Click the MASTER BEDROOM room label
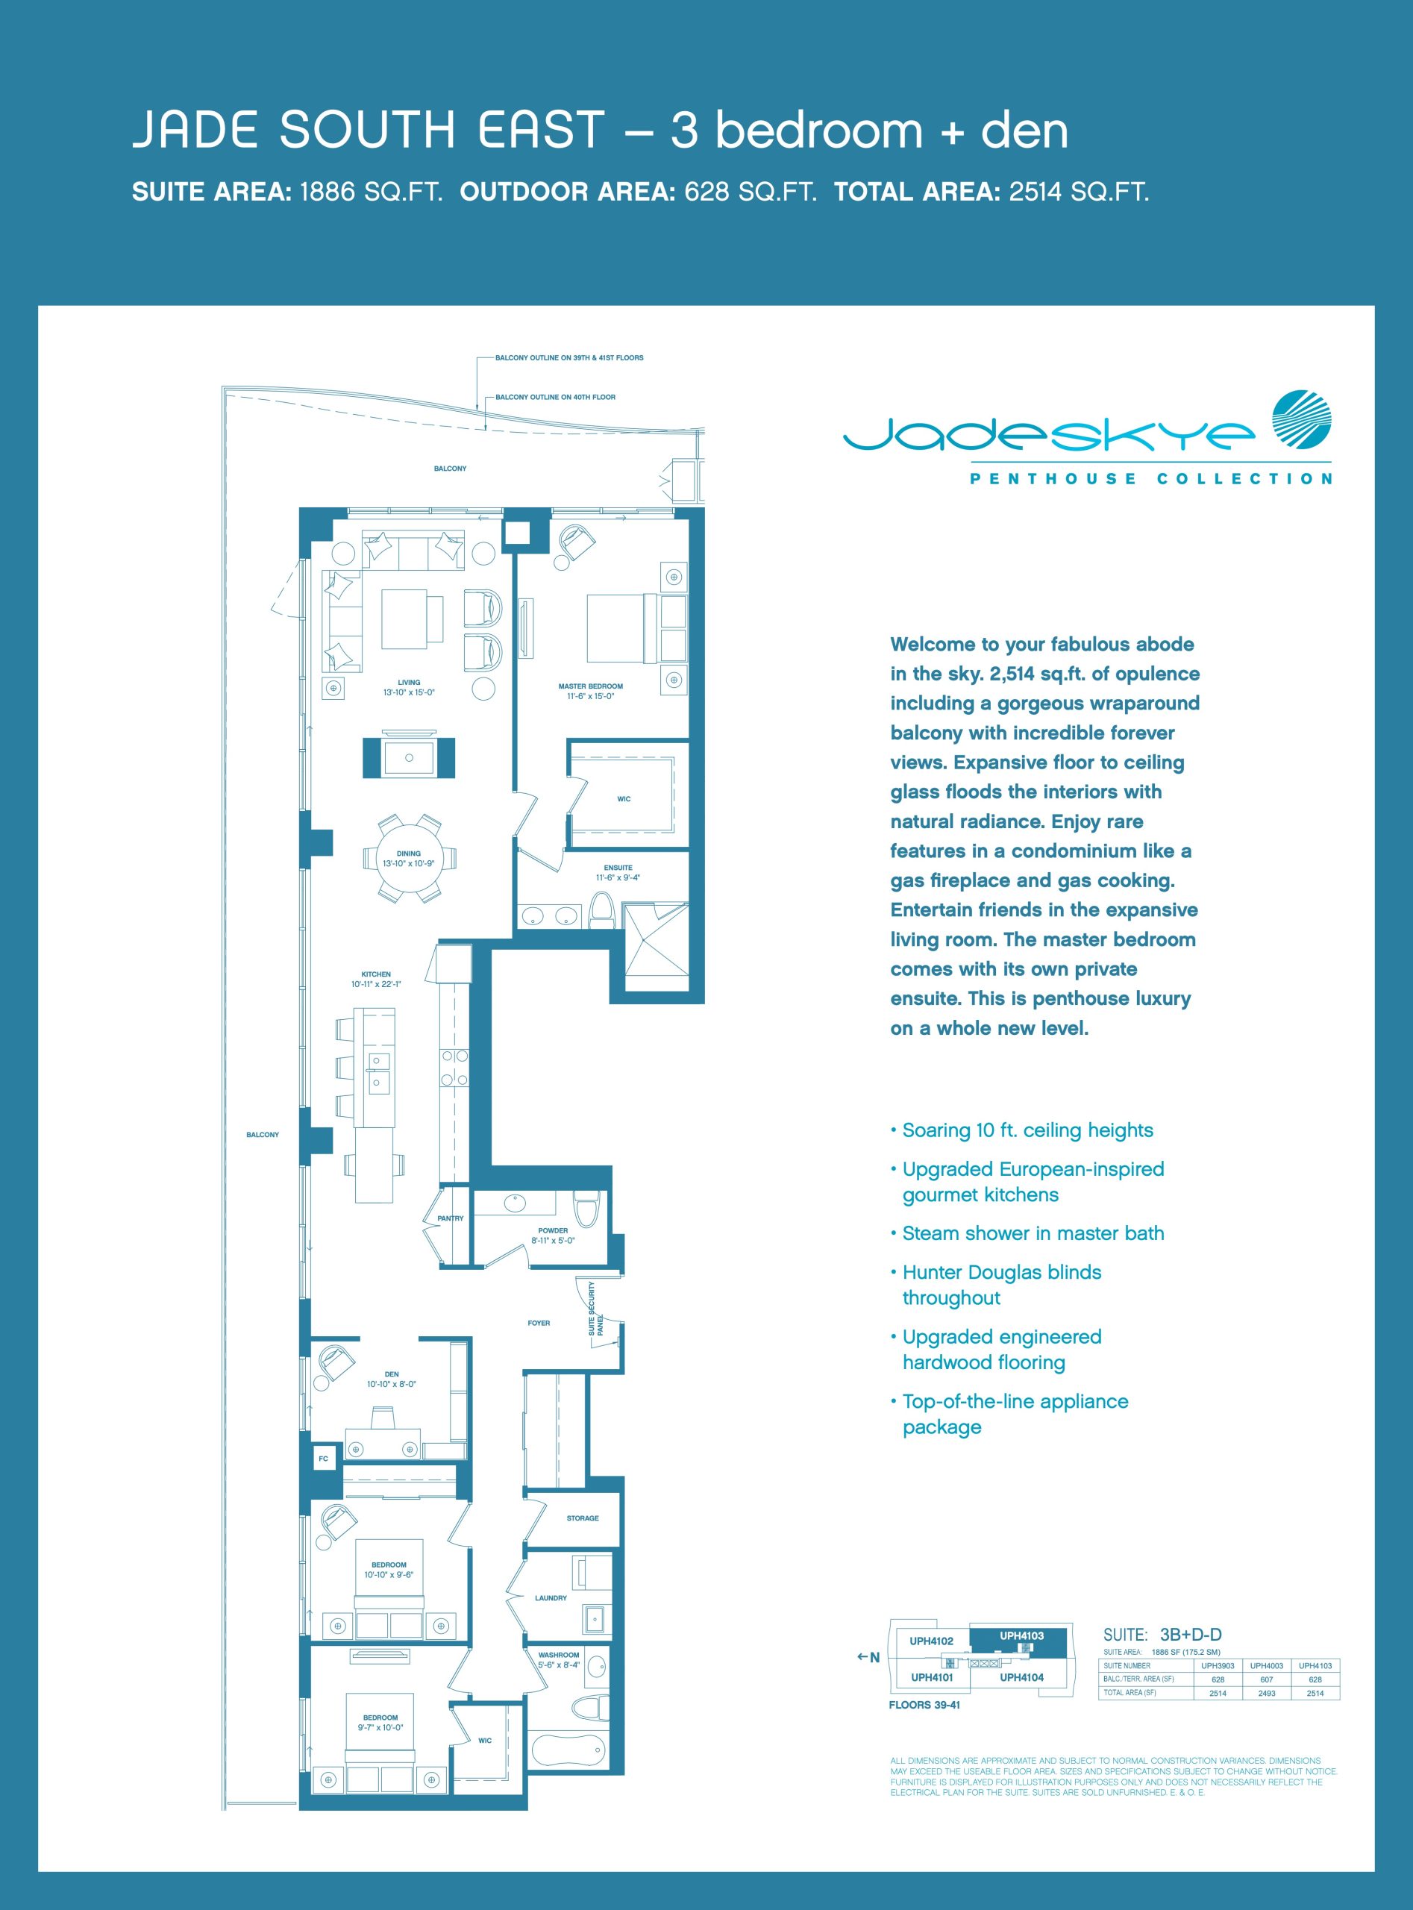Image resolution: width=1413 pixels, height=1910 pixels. pos(590,686)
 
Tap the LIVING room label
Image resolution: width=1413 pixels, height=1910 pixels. pos(409,683)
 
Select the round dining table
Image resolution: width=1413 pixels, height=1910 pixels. pos(409,858)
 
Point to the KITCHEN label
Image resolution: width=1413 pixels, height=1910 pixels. pos(375,974)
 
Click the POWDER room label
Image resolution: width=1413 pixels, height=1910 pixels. pos(553,1230)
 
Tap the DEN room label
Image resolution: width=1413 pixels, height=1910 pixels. pos(392,1374)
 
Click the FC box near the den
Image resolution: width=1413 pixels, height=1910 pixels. pos(323,1459)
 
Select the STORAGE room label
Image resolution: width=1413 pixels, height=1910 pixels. pos(583,1518)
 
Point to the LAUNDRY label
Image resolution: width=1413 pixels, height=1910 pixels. pos(551,1598)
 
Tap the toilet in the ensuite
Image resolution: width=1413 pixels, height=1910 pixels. pos(602,911)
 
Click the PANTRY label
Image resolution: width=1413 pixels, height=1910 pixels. pos(451,1218)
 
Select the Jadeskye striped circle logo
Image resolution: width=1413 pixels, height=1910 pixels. pos(1302,420)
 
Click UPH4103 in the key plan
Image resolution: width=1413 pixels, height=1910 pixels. pos(1021,1635)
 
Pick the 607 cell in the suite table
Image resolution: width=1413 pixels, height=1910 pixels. pos(1267,1679)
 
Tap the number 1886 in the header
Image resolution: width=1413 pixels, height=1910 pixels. pos(327,192)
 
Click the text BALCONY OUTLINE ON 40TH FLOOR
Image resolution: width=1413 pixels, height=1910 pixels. pos(555,397)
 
